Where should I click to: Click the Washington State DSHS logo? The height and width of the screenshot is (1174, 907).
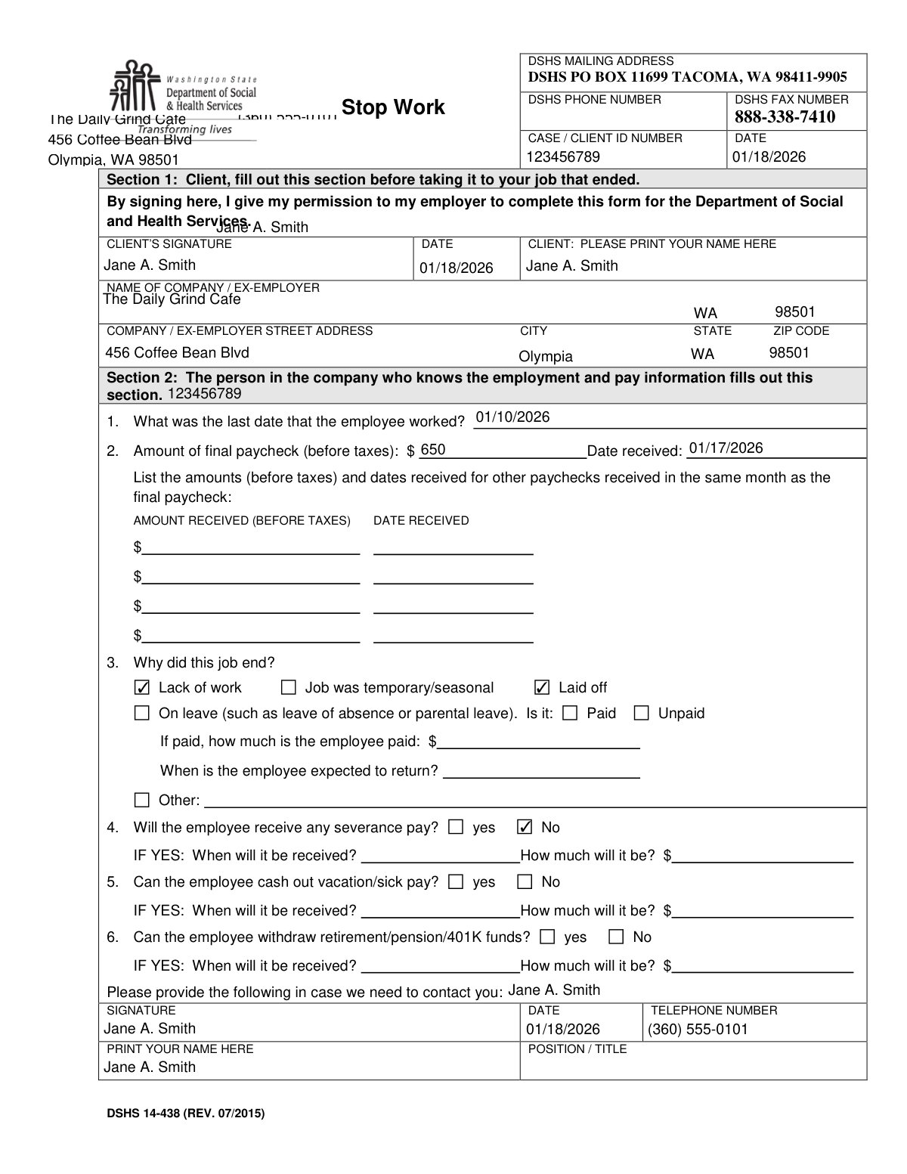click(184, 94)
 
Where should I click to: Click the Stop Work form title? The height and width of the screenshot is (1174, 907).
click(393, 107)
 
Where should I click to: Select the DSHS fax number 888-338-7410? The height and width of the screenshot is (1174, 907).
click(785, 116)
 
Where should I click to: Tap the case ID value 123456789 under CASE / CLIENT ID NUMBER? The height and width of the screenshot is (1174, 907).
click(563, 156)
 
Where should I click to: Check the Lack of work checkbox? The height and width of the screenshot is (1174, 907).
click(142, 688)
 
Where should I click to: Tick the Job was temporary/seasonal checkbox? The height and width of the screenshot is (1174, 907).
click(288, 688)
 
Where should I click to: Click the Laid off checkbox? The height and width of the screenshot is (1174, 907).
click(542, 688)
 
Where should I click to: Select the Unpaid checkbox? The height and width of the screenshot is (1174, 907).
click(641, 713)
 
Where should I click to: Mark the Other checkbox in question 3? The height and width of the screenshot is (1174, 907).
click(142, 800)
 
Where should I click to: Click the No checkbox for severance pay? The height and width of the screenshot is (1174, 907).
click(525, 827)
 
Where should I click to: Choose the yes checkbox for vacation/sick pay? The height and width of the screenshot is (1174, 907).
click(456, 881)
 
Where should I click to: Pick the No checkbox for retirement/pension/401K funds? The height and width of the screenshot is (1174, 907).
click(616, 937)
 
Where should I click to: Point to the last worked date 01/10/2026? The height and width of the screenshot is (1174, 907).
click(512, 417)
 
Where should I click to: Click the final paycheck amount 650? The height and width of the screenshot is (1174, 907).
click(432, 450)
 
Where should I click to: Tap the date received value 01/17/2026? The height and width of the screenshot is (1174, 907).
click(726, 448)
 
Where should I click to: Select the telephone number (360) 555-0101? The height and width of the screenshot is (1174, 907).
click(698, 1030)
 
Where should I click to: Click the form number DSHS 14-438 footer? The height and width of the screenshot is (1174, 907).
click(185, 1113)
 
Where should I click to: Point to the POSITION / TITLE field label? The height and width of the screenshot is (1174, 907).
click(577, 1049)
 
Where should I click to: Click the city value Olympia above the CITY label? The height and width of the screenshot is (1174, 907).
click(545, 357)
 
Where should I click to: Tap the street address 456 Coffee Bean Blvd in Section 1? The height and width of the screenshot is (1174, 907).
click(177, 352)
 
